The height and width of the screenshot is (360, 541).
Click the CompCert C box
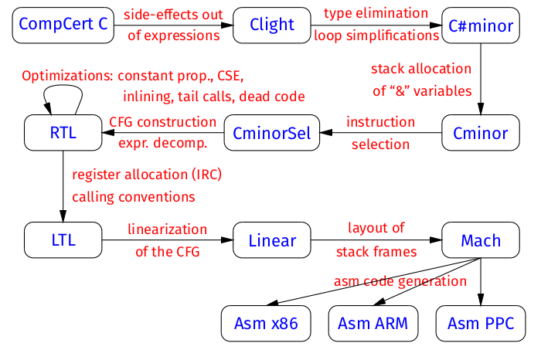click(63, 25)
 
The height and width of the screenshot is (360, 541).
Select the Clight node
click(272, 25)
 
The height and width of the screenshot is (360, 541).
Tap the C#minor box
click(481, 25)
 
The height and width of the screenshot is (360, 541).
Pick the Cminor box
click(481, 133)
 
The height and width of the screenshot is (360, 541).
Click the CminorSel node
click(272, 133)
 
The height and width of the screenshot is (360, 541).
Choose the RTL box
click(63, 133)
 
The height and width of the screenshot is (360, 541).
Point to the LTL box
click(63, 240)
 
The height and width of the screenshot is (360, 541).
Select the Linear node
click(272, 240)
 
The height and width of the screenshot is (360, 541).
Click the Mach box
click(481, 240)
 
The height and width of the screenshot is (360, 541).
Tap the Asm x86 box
click(266, 324)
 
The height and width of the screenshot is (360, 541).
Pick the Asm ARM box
click(373, 324)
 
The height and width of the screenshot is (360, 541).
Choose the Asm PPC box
click(481, 324)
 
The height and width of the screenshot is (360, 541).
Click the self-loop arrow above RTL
click(63, 85)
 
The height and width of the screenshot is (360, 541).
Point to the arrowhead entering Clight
click(226, 25)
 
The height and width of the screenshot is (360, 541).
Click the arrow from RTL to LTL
click(63, 186)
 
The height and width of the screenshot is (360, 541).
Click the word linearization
click(168, 229)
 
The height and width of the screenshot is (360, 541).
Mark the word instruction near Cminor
click(380, 122)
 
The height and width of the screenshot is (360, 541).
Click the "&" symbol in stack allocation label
click(400, 91)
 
